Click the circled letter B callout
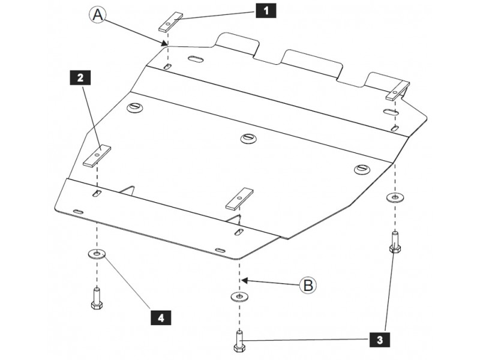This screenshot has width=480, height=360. pos(308,285)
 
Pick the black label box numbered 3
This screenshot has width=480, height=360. pos(379,340)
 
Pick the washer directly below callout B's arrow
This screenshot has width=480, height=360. pos(239,296)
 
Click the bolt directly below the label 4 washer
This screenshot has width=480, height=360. pos(96,298)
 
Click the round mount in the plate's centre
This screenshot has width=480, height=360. pos(248,138)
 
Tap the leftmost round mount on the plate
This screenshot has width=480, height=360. pos(135,107)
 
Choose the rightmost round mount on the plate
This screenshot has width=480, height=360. pos(361,169)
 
